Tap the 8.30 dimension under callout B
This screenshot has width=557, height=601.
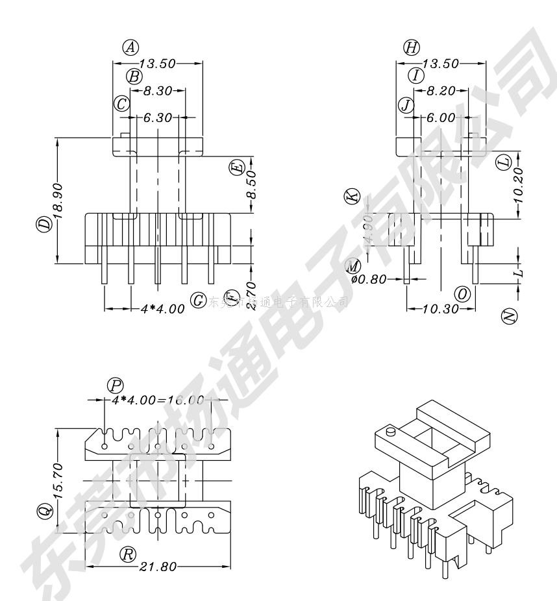[157, 92]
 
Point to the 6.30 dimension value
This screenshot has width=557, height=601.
[158, 118]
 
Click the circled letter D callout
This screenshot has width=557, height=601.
[43, 225]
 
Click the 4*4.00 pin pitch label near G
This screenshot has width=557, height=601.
[163, 309]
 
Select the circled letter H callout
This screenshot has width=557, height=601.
[412, 47]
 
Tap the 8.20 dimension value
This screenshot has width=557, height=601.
[441, 92]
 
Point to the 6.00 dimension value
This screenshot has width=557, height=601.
[441, 118]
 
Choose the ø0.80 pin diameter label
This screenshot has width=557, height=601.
[369, 280]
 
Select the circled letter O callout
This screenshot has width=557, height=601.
[463, 294]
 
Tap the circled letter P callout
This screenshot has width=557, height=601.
[115, 386]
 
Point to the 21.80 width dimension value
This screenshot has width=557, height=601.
[158, 567]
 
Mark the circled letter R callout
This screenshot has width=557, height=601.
[129, 553]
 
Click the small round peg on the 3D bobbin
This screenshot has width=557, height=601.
[391, 431]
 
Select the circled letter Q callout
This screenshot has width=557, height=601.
[43, 513]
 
